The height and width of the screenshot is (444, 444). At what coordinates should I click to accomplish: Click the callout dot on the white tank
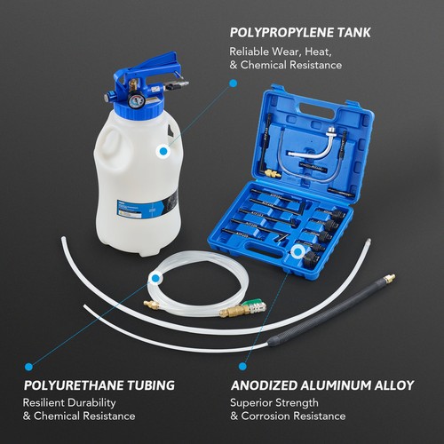tap(163, 151)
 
